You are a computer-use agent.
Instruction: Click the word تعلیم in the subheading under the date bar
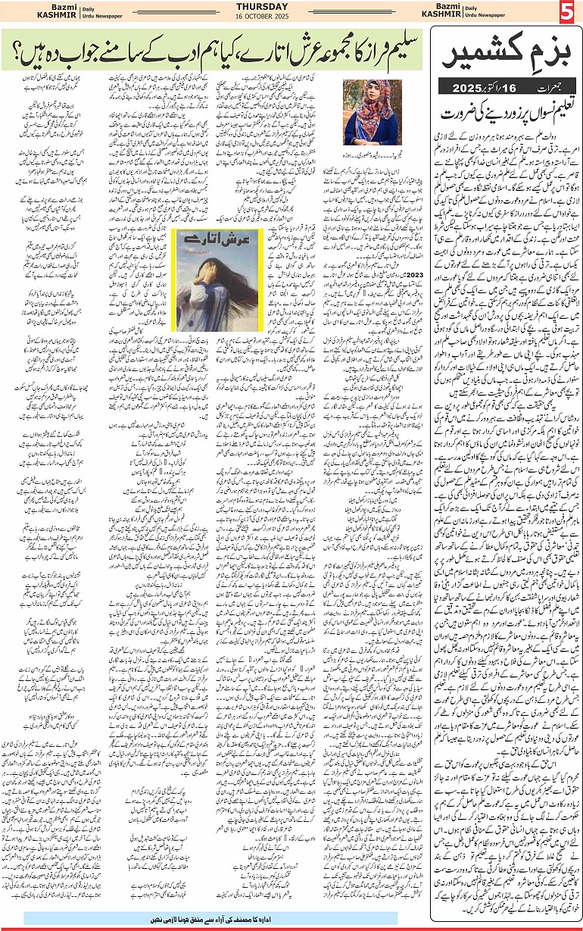point(550,111)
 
